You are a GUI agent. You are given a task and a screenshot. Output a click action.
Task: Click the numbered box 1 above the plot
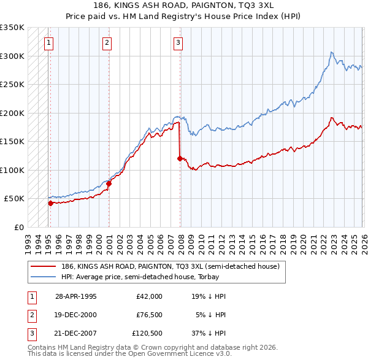pyautogui.click(x=48, y=43)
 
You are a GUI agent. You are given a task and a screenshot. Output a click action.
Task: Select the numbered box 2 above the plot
pyautogui.click(x=107, y=43)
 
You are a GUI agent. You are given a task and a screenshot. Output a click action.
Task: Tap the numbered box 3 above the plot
pyautogui.click(x=178, y=43)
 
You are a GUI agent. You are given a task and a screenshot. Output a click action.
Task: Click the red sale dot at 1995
pyautogui.click(x=50, y=203)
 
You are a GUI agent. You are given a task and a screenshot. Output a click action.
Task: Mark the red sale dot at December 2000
pyautogui.click(x=109, y=183)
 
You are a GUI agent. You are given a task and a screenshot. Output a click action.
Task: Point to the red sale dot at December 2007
pyautogui.click(x=180, y=158)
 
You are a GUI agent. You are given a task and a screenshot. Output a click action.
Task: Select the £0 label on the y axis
pyautogui.click(x=18, y=227)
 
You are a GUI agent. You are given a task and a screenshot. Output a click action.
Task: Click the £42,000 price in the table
pyautogui.click(x=149, y=296)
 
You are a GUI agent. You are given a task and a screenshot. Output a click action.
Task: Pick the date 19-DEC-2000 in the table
pyautogui.click(x=75, y=315)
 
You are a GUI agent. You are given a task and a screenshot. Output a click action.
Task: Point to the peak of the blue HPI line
pyautogui.click(x=331, y=52)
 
